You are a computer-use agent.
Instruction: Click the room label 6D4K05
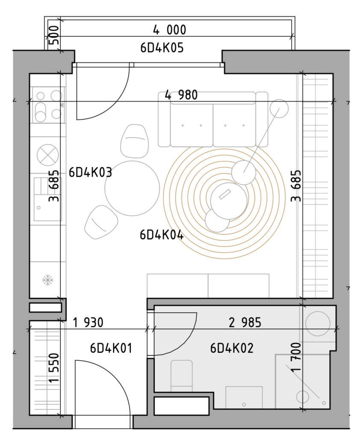[162, 48]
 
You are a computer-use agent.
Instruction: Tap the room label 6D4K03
[90, 172]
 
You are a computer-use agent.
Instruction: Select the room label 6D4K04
[162, 235]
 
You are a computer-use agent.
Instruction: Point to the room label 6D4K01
[111, 348]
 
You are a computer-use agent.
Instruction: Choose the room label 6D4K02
[232, 348]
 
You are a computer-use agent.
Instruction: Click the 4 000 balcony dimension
[170, 30]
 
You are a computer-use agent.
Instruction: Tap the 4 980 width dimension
[181, 95]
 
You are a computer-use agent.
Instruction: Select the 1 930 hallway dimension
[88, 323]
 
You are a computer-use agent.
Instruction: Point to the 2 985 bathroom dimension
[245, 323]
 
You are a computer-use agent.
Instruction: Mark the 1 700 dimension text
[296, 357]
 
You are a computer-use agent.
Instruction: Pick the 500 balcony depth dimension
[54, 35]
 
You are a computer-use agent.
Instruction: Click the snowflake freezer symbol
[48, 280]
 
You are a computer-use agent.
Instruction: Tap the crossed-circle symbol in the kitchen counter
[48, 155]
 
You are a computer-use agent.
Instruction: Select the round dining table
[132, 188]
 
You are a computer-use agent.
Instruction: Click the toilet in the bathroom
[182, 376]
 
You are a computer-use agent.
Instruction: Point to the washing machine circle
[318, 323]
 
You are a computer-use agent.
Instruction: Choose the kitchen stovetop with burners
[49, 105]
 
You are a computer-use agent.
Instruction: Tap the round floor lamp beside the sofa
[279, 108]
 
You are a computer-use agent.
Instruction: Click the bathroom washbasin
[244, 397]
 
